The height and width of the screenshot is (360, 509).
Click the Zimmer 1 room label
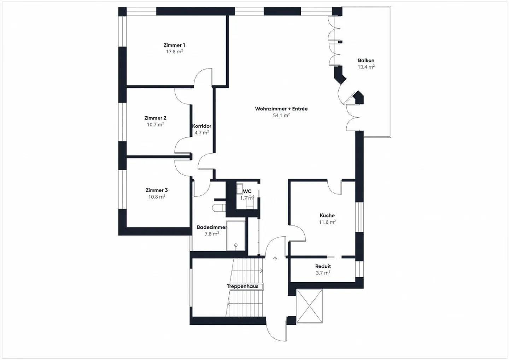[174, 45]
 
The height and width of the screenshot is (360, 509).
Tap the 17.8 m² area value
[174, 52]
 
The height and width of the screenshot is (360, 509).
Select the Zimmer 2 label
[155, 118]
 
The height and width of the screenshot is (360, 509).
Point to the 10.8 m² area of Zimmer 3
[157, 197]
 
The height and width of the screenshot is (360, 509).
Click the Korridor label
[202, 126]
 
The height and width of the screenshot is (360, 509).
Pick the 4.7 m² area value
[201, 133]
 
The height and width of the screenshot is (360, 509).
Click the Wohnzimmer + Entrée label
[281, 109]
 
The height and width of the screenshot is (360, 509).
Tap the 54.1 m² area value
[281, 115]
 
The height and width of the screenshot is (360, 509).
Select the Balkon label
[366, 60]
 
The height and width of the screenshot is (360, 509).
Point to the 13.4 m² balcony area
[366, 67]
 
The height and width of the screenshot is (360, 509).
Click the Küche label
[327, 216]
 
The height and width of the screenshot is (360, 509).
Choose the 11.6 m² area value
[327, 222]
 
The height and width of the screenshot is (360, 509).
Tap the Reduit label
[323, 266]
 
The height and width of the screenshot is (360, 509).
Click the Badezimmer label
[212, 228]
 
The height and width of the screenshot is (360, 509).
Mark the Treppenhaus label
[242, 287]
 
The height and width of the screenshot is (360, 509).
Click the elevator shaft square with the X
[310, 306]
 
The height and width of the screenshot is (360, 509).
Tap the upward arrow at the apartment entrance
[275, 259]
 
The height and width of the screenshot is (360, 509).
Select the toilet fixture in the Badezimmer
[218, 207]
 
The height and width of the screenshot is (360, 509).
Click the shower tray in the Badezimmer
[236, 236]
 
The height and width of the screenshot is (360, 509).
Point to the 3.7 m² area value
[323, 273]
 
